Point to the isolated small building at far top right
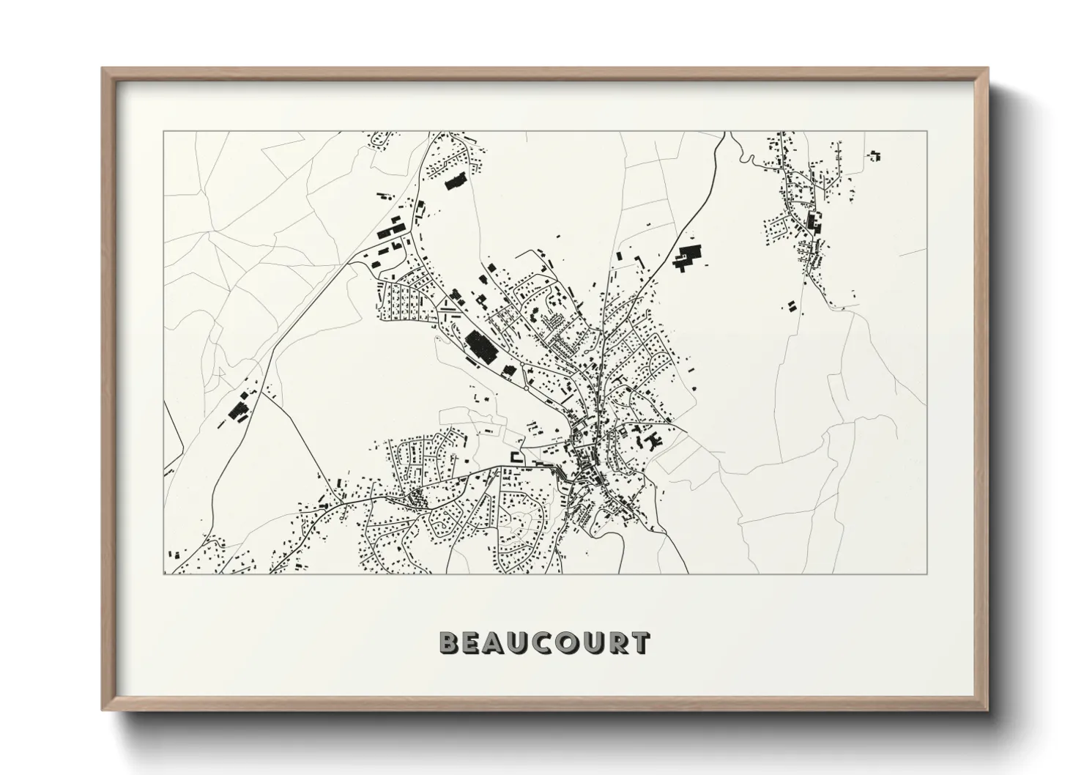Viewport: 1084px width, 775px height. point(875,155)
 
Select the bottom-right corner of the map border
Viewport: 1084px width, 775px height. point(927,574)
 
